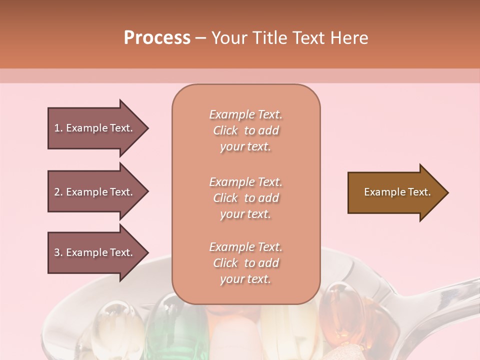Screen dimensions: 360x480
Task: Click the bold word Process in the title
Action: tap(157, 38)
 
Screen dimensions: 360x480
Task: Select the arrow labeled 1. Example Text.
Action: tap(95, 128)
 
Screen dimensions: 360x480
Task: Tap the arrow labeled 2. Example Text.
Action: tap(95, 192)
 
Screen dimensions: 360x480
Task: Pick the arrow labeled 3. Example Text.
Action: tap(95, 252)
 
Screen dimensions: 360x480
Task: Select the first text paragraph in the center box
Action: tap(246, 130)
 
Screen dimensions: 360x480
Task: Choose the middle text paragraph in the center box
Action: tap(246, 198)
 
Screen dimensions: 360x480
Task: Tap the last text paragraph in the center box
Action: tap(246, 263)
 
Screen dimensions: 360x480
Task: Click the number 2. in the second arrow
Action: tap(58, 192)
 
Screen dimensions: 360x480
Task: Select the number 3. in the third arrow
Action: tap(58, 252)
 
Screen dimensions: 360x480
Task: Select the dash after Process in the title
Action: tap(200, 38)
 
